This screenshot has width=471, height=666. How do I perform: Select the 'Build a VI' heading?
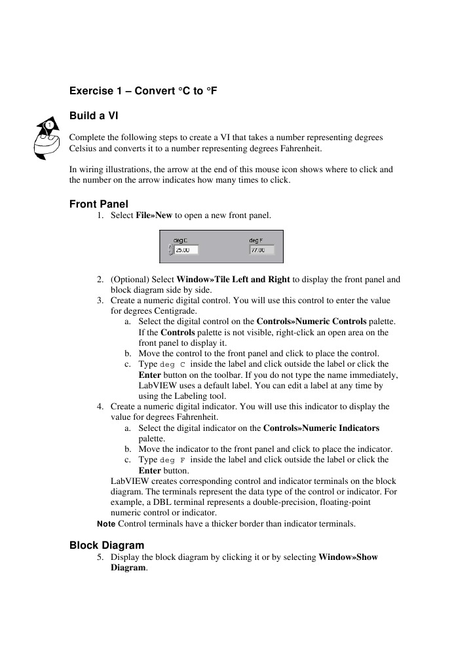[94, 115]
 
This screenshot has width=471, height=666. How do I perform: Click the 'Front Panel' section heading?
[98, 204]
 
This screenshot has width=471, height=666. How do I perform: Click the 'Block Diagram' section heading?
[107, 545]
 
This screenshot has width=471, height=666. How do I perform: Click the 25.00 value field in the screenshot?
[186, 250]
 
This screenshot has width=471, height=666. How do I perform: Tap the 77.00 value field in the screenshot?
[261, 250]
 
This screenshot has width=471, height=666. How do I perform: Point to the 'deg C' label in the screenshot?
[180, 240]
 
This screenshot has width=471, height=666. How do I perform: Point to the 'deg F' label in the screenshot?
[256, 240]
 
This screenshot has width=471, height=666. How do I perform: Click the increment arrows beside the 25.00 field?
[171, 250]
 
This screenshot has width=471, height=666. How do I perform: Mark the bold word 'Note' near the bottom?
[105, 523]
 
